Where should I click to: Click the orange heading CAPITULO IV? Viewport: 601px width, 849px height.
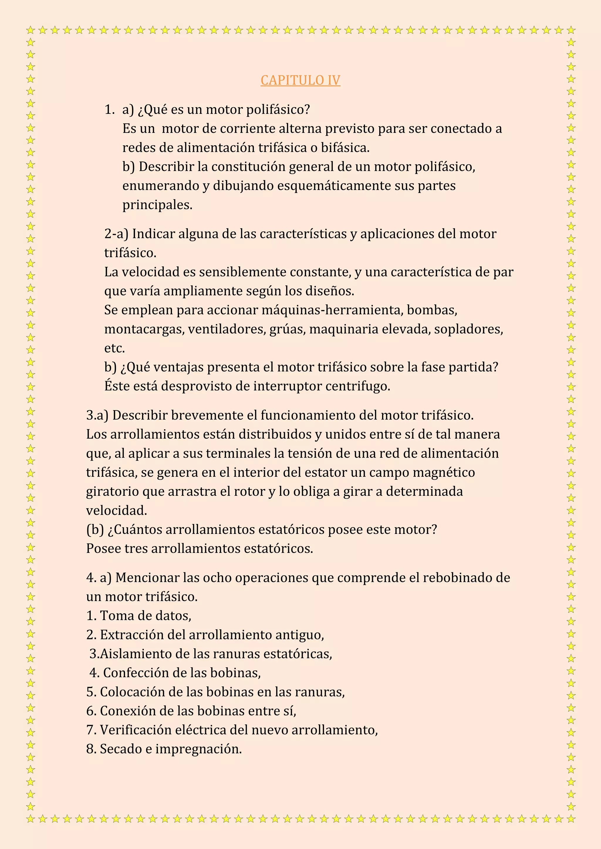coord(300,80)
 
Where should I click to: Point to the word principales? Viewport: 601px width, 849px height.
coord(157,205)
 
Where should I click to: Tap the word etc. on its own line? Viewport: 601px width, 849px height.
coord(115,348)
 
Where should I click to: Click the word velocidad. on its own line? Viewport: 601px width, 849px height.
coord(117,510)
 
